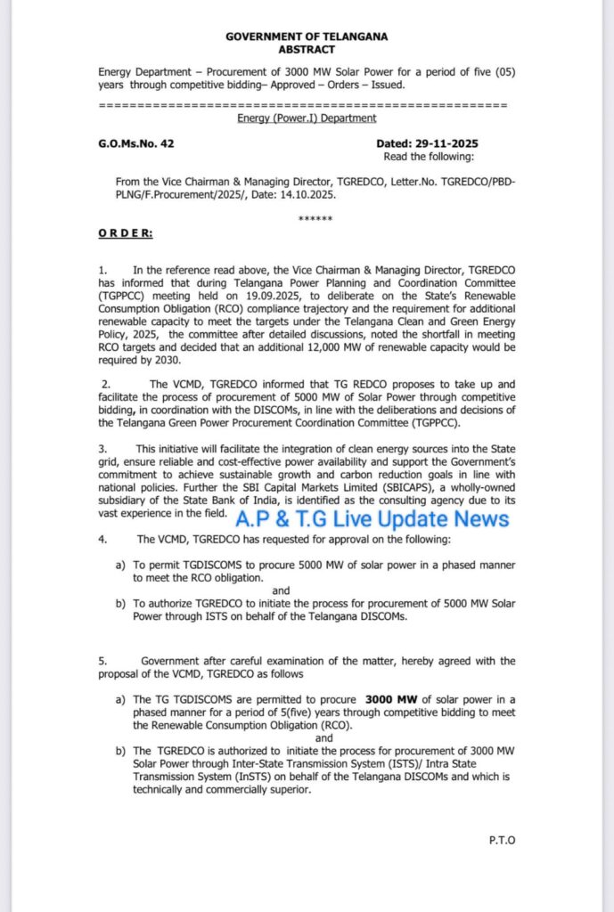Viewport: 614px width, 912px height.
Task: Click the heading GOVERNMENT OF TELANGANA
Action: [x=306, y=37]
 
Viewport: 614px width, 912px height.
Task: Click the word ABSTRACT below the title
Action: [x=306, y=49]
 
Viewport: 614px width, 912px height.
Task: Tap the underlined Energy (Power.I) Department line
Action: [x=306, y=118]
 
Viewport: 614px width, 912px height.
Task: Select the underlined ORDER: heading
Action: [x=125, y=233]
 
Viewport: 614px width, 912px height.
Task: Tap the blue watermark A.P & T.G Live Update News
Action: [x=373, y=520]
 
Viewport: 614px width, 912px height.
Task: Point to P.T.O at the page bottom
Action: [x=503, y=840]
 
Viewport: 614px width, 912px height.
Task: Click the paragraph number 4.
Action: [x=104, y=539]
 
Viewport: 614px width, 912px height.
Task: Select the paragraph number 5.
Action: [x=103, y=661]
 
